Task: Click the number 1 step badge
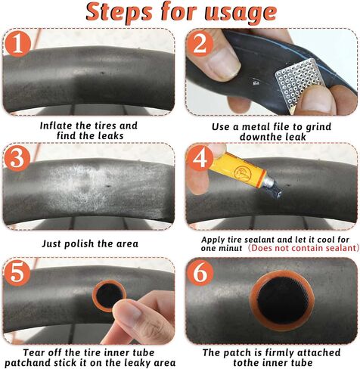point(18,45)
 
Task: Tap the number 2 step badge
point(200,45)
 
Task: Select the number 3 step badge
point(17,159)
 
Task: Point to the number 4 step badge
point(200,159)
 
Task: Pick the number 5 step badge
point(17,272)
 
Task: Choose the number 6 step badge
point(200,272)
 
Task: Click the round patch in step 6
point(281,300)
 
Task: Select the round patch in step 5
point(109,296)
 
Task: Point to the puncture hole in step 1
point(102,73)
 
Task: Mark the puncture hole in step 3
point(109,187)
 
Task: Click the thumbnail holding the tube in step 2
point(225,62)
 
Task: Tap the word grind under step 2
point(318,127)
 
